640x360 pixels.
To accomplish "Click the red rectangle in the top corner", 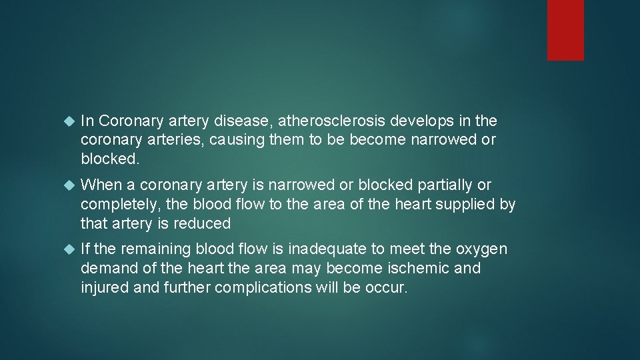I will [x=565, y=30].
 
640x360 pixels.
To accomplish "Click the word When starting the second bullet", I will [x=98, y=185].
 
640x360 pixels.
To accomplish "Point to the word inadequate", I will [x=327, y=249].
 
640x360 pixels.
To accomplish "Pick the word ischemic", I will [x=419, y=269].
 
